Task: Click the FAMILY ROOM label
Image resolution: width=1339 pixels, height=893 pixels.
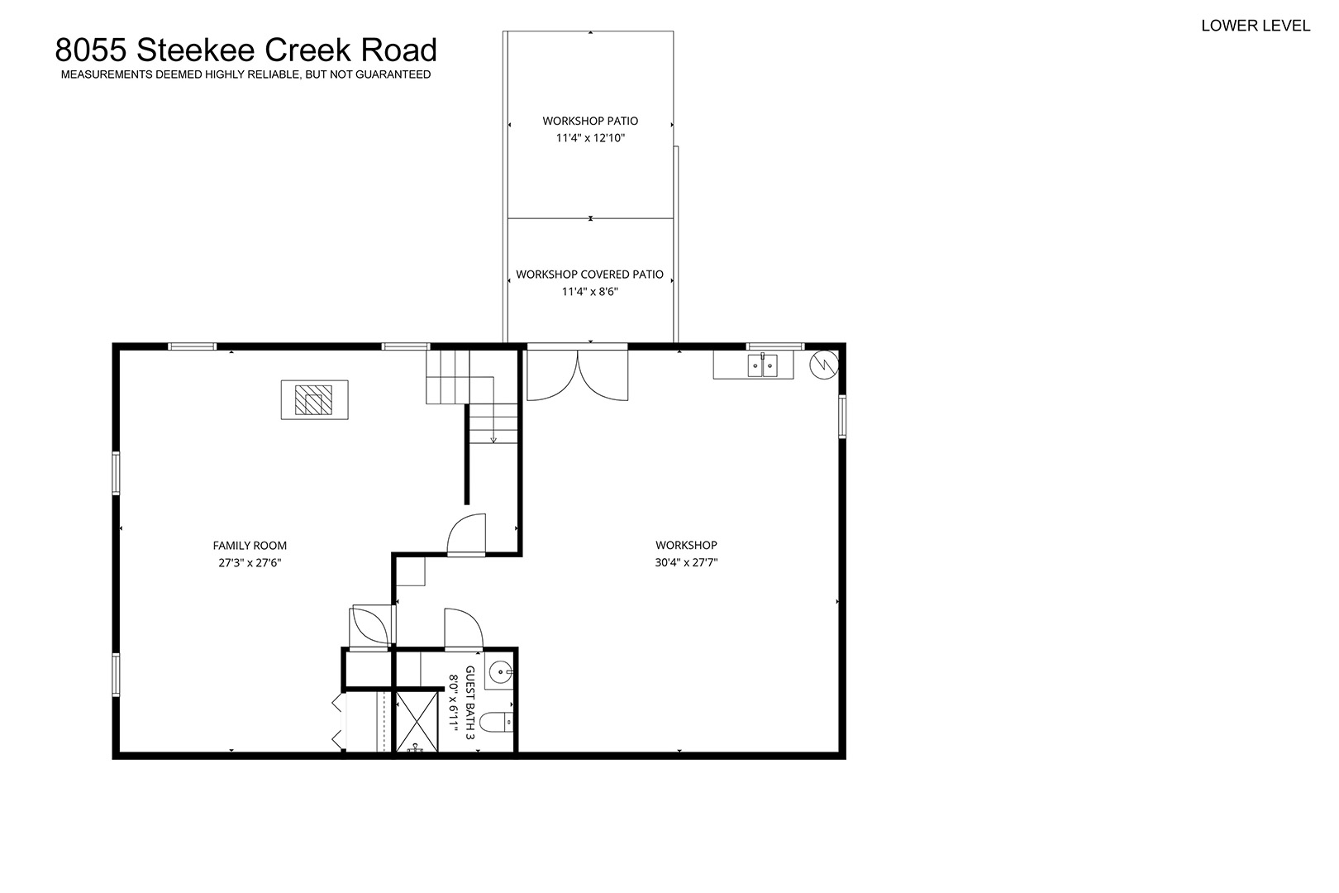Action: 250,546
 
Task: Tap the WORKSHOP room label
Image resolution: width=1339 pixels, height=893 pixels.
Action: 686,545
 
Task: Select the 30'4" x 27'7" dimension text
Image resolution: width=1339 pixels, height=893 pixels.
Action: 686,562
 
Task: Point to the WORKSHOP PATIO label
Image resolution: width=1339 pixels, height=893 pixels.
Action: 590,121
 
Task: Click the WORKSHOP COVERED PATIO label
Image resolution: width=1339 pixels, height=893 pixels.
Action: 589,275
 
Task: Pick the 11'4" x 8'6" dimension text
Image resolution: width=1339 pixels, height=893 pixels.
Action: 589,292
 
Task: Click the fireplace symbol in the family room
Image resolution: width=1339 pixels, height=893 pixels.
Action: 314,399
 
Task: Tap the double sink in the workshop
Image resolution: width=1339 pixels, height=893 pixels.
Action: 762,365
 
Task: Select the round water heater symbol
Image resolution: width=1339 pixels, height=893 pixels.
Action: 824,365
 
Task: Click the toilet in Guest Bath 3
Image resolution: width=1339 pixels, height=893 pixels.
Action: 496,722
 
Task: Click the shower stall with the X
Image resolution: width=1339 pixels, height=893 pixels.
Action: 417,721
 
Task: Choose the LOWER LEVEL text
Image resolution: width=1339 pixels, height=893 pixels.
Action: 1256,26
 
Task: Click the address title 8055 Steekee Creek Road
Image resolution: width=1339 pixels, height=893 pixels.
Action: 245,50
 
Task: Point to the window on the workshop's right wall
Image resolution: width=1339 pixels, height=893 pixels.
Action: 841,416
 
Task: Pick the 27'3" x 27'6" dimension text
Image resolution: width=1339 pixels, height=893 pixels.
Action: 250,563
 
